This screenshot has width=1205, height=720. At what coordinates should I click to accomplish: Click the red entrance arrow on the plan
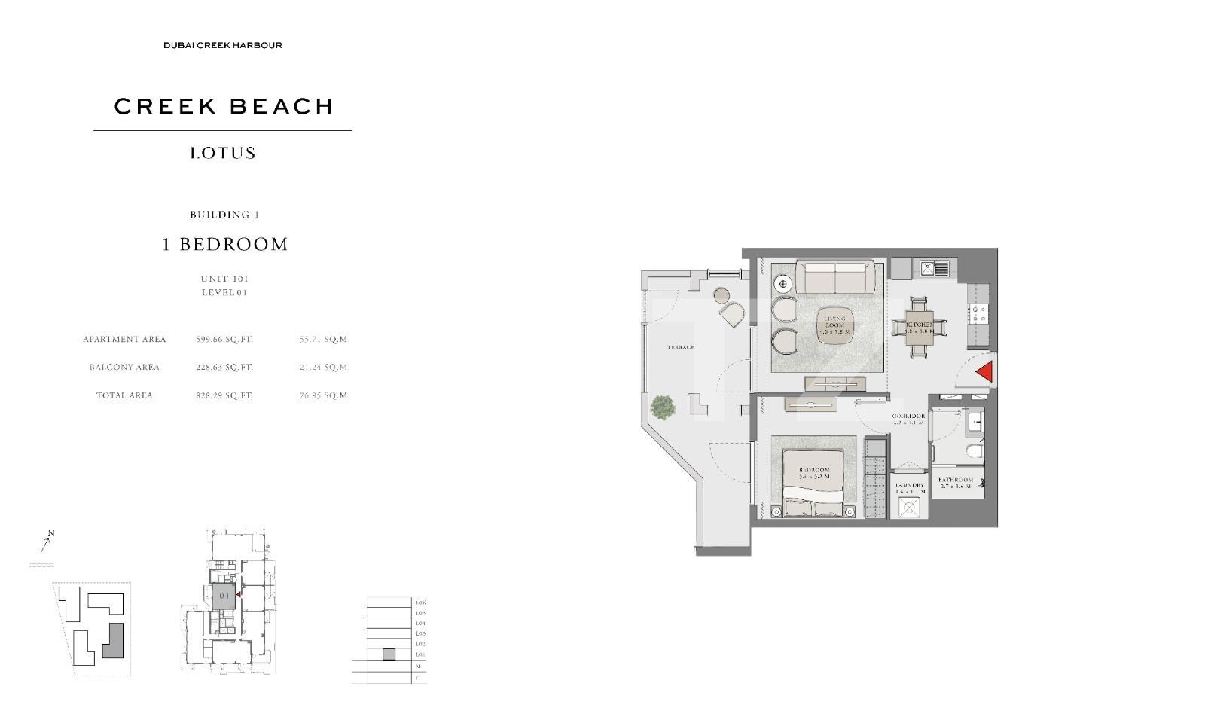[985, 372]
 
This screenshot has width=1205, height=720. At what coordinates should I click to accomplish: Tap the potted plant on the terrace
[663, 407]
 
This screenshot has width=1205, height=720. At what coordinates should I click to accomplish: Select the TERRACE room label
[680, 348]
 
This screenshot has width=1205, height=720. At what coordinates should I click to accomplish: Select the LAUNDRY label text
[910, 486]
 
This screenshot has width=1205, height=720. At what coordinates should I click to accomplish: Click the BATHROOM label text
[956, 480]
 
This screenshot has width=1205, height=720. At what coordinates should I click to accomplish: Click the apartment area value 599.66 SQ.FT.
[224, 340]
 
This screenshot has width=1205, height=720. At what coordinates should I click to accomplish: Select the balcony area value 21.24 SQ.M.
[325, 368]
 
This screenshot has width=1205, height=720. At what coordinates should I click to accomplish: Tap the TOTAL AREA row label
[124, 395]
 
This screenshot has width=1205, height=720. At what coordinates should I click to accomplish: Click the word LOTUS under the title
[223, 153]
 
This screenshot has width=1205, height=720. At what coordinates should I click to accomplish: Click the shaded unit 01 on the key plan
[224, 595]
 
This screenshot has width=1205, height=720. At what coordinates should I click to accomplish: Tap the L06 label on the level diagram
[420, 603]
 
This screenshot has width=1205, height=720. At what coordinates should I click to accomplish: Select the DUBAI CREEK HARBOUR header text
[223, 45]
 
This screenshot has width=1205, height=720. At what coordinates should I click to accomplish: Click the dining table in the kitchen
[918, 326]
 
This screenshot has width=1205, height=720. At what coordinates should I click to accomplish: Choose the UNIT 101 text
[224, 279]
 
